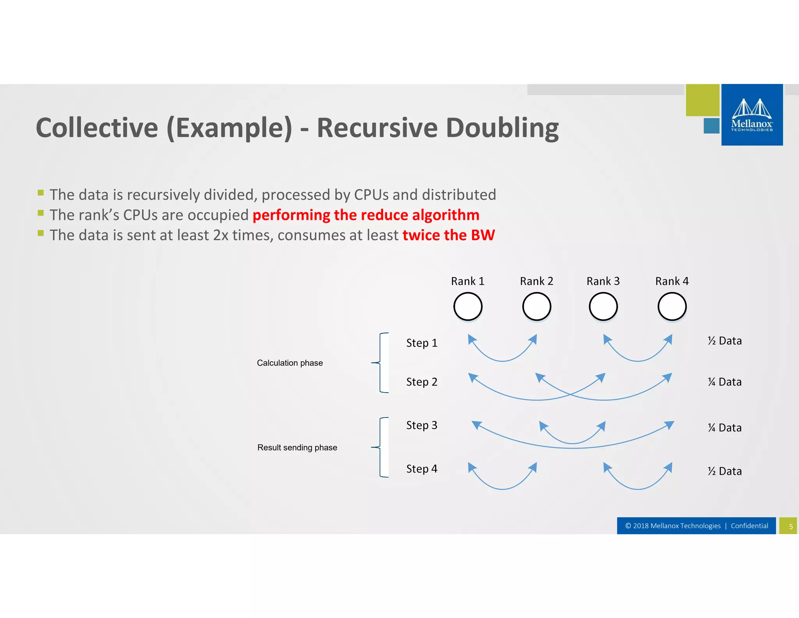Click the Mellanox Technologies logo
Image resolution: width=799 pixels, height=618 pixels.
[751, 115]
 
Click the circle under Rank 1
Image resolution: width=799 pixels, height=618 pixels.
[468, 307]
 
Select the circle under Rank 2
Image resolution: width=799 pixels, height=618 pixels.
[536, 307]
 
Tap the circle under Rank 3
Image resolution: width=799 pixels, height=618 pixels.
[603, 307]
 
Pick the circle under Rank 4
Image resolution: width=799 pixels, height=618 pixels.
[672, 307]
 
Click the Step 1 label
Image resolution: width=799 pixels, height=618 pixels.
[421, 343]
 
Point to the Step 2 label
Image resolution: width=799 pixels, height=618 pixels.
[421, 382]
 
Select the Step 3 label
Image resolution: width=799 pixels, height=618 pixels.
[421, 425]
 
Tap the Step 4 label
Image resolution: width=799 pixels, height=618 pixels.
[421, 469]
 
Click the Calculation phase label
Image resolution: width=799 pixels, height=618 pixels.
[290, 363]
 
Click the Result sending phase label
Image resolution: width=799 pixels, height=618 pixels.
[297, 448]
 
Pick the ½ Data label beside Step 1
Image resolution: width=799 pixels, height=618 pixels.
[724, 341]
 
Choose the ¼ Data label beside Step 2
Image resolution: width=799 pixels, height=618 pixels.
[724, 382]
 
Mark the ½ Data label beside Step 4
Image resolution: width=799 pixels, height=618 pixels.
[724, 471]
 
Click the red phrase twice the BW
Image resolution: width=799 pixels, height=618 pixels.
[448, 235]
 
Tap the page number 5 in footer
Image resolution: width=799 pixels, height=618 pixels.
[791, 526]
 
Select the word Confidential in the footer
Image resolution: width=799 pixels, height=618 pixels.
[749, 526]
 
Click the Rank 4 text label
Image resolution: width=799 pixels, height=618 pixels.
[672, 281]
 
